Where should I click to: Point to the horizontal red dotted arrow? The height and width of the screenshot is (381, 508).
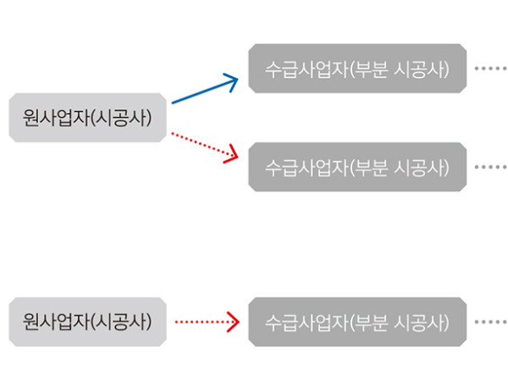point(203,322)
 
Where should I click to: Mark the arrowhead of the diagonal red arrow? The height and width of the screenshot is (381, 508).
point(230,153)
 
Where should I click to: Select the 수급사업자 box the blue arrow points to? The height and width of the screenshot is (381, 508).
point(356,68)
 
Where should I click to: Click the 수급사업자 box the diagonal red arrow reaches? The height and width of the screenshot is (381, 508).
point(356,167)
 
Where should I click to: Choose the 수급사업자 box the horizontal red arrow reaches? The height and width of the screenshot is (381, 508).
point(356,322)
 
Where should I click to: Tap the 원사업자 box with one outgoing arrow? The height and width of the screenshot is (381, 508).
point(87,322)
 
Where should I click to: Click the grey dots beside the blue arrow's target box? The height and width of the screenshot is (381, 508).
point(489,68)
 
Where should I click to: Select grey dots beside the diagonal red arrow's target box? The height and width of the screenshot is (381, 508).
point(489,167)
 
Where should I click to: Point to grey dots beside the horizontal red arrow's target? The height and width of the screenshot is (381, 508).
point(489,322)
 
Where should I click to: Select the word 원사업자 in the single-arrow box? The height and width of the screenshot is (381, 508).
point(56,322)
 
